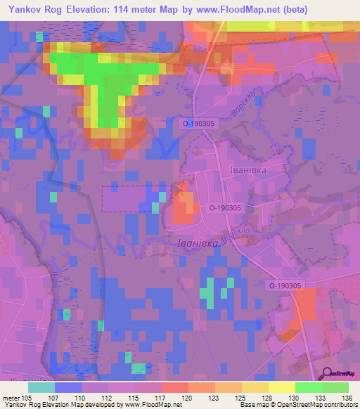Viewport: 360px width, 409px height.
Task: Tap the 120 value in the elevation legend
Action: tap(187, 398)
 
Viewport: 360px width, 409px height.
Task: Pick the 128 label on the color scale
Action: tap(268, 398)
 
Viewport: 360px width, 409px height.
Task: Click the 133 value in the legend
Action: tap(321, 398)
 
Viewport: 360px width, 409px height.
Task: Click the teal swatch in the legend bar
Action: tap(41, 387)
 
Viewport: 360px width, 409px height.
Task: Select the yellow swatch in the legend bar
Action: tap(281, 387)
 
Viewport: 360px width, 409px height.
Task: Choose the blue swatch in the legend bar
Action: tap(68, 387)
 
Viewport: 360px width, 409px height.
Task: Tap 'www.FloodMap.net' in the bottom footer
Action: tap(148, 405)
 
